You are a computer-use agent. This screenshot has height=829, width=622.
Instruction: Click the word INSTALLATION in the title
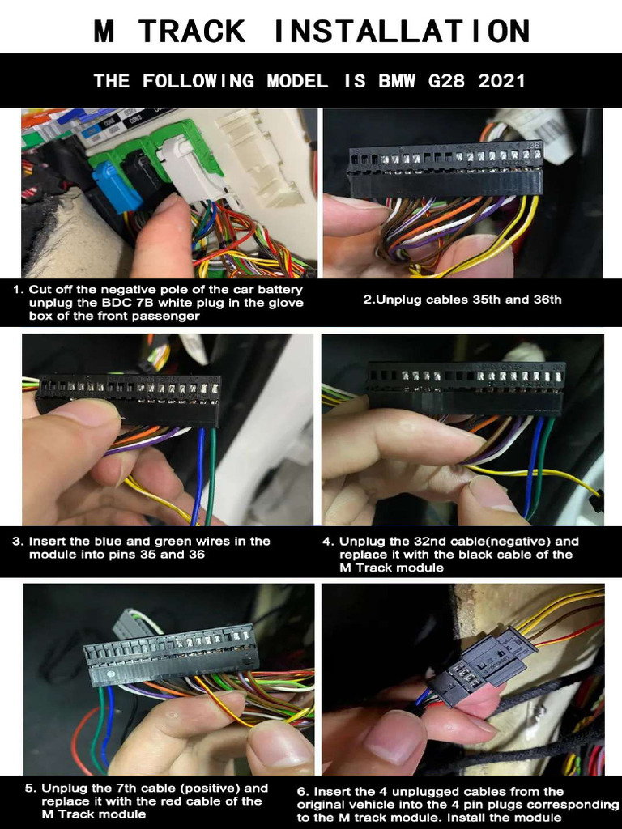[403, 31]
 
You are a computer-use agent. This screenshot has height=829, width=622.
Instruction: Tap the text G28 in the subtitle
[447, 81]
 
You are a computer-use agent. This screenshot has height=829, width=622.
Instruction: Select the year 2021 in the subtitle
[502, 81]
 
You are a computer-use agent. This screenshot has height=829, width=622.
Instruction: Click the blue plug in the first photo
[117, 185]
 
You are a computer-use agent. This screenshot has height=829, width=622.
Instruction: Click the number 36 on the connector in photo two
[535, 146]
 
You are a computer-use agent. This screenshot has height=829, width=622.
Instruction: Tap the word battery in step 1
[283, 290]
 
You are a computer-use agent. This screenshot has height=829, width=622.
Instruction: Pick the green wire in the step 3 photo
[211, 476]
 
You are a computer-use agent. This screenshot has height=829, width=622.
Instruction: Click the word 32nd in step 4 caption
[428, 542]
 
